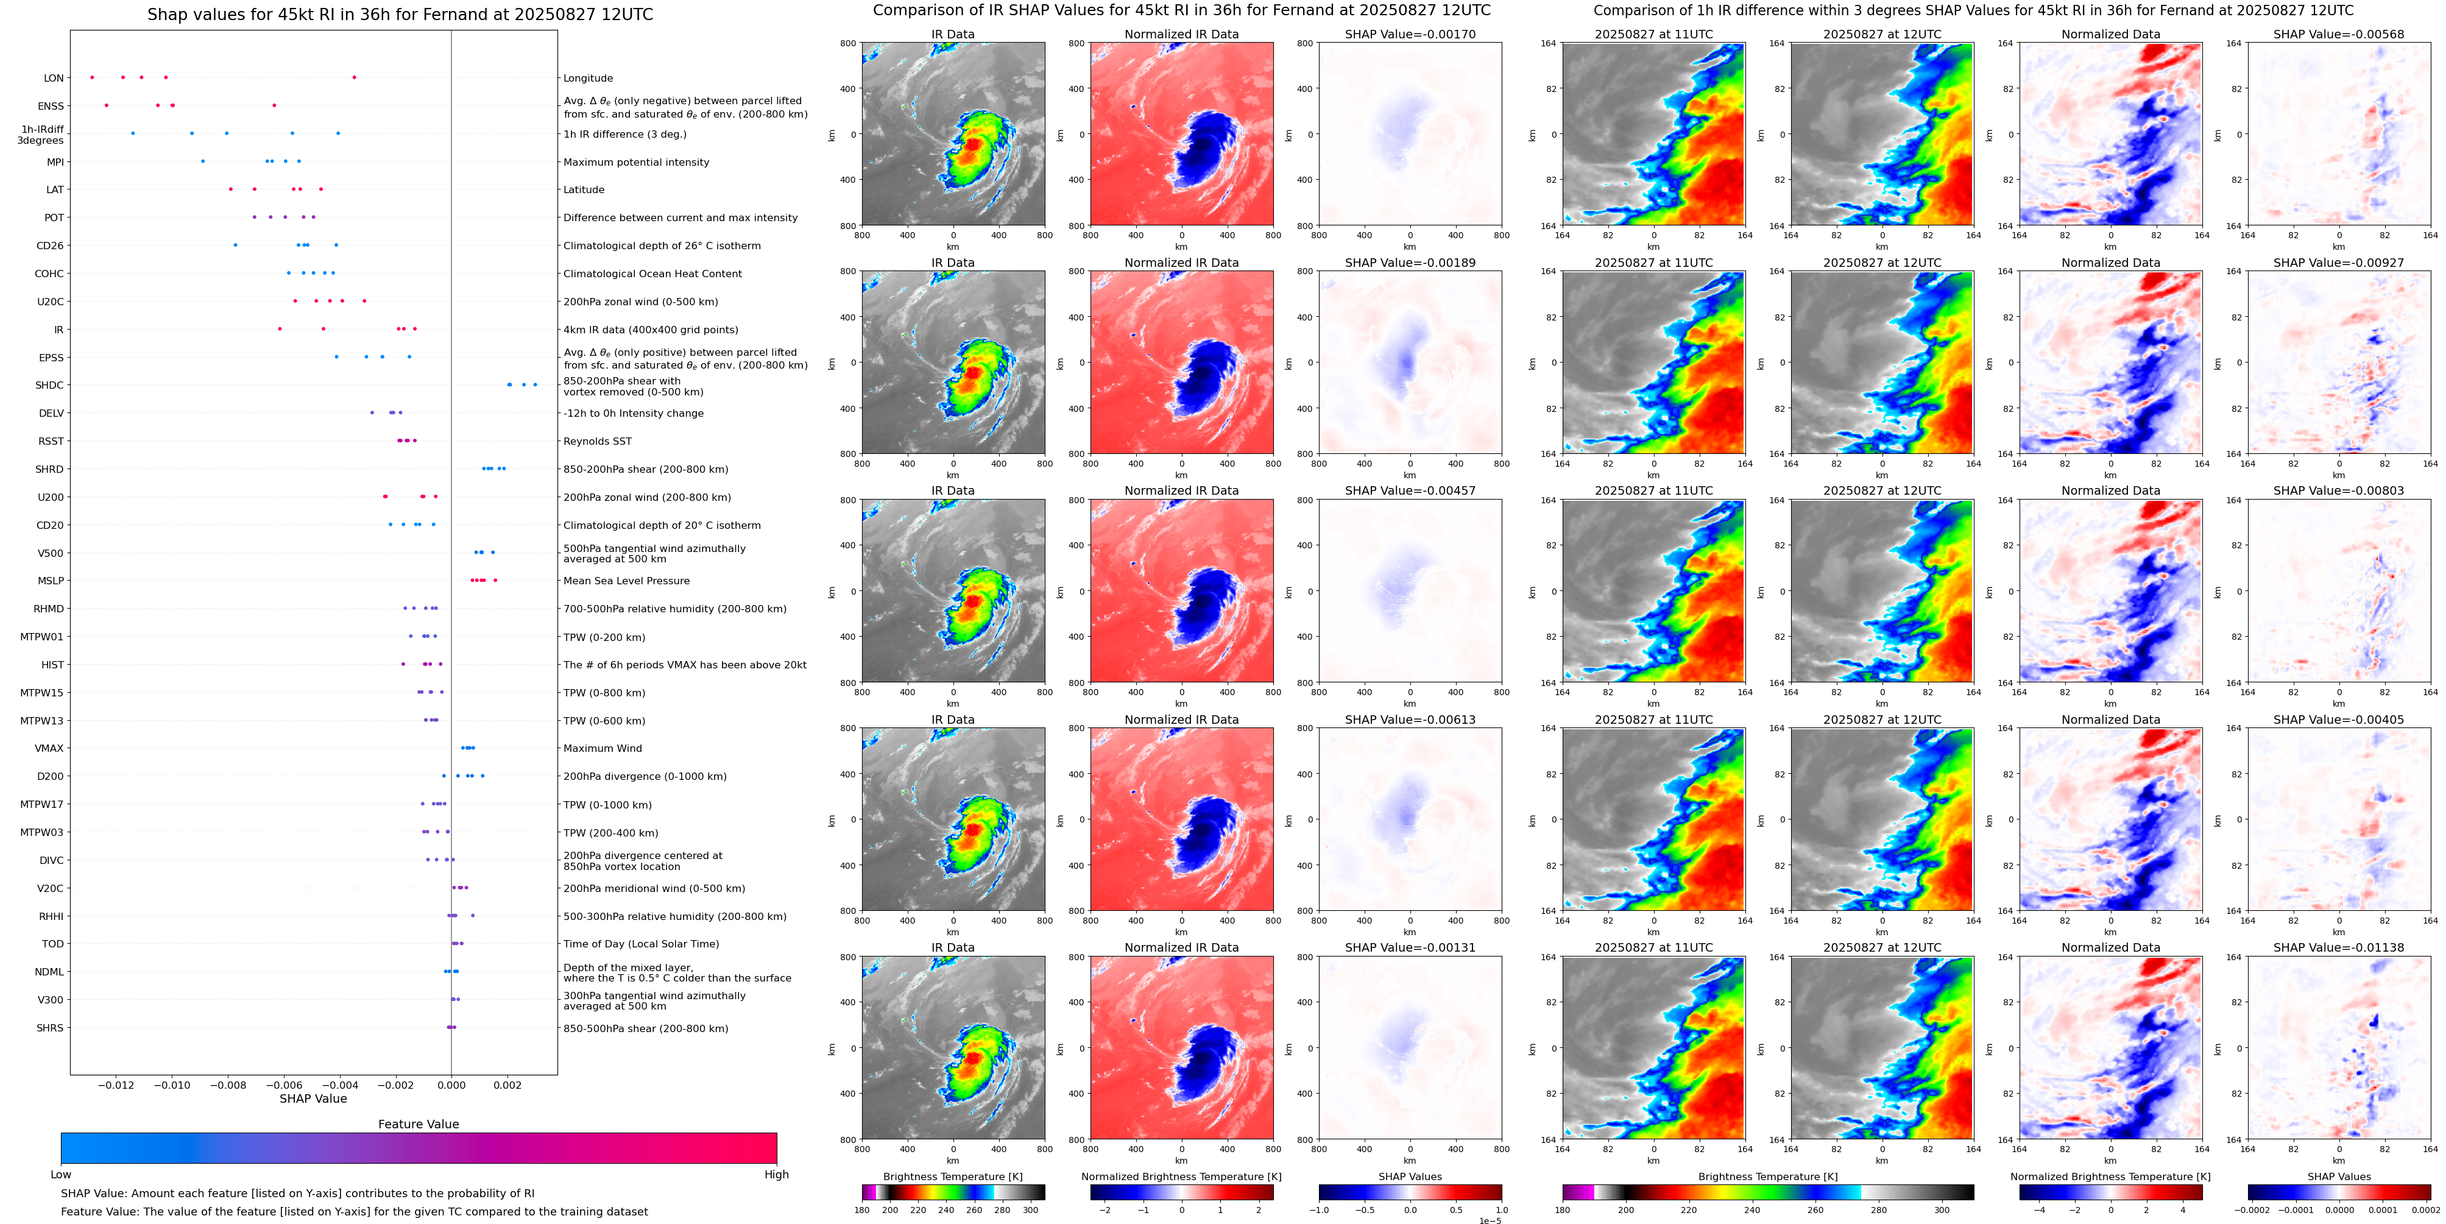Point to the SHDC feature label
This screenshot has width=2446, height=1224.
click(x=49, y=386)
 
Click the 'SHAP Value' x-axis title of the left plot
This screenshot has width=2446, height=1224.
click(x=313, y=1098)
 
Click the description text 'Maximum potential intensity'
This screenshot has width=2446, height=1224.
click(x=636, y=163)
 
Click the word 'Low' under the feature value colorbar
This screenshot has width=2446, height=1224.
click(x=61, y=1175)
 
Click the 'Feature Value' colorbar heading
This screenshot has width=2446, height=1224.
click(x=418, y=1124)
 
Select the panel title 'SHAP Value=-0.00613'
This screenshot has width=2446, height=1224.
click(x=1410, y=720)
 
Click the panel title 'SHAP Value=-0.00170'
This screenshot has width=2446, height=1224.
click(x=1410, y=34)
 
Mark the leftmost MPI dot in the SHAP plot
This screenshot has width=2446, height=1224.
click(x=202, y=161)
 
